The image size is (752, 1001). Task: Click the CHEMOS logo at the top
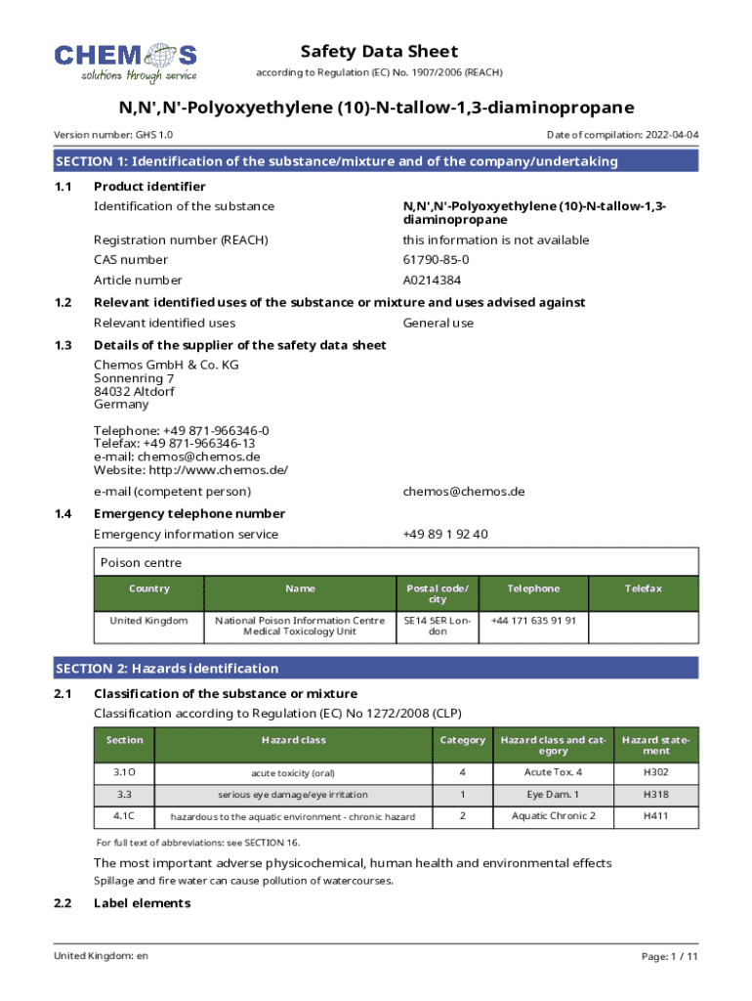click(x=125, y=62)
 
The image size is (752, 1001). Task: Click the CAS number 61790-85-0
click(x=436, y=260)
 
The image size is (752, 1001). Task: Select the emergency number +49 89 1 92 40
click(x=444, y=534)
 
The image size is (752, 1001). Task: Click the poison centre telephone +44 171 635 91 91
click(x=533, y=620)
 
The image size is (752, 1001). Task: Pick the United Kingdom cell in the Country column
click(x=148, y=620)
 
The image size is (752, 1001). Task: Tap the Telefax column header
click(x=644, y=588)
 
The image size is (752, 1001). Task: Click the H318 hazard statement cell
click(x=656, y=794)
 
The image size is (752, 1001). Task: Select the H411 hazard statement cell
click(x=656, y=815)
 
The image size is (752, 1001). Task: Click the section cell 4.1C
click(x=124, y=815)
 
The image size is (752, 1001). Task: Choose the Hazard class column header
click(x=293, y=740)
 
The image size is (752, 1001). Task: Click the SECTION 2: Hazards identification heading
click(x=167, y=669)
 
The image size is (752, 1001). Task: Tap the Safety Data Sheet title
click(x=379, y=52)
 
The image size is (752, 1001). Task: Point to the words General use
click(x=438, y=323)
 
